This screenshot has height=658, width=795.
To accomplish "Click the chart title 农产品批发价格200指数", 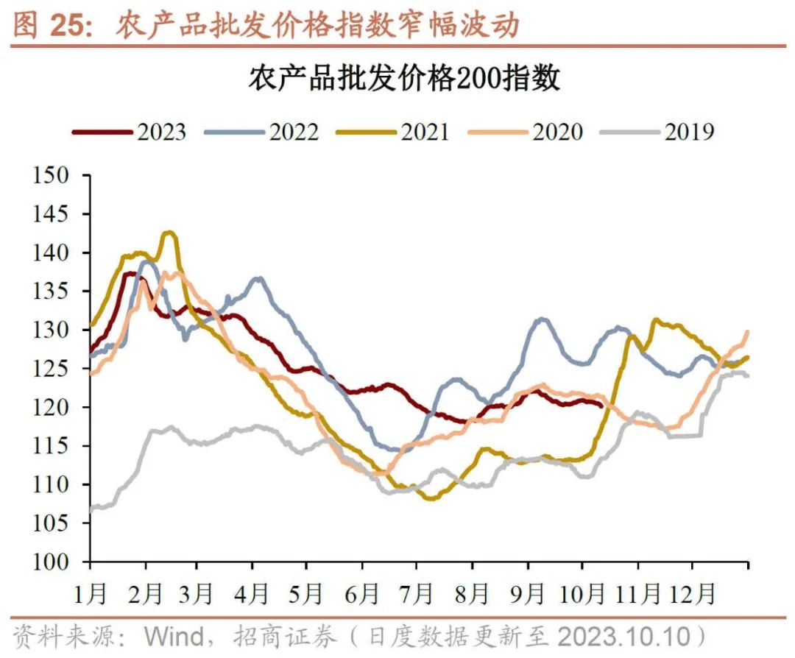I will click(x=403, y=78).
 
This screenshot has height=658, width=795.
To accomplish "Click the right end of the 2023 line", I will click(x=602, y=405).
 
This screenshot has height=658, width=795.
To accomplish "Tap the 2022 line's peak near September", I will click(x=542, y=319).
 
